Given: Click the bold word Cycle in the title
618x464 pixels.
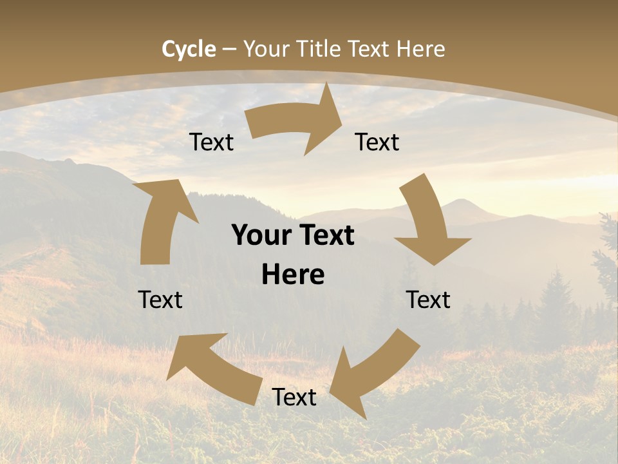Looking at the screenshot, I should (189, 49).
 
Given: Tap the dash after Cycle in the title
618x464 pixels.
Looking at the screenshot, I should (229, 49).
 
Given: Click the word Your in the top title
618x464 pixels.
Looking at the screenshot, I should (266, 49).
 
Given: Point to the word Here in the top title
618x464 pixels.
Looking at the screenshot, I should (420, 49).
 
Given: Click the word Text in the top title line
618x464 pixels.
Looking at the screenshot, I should (370, 49).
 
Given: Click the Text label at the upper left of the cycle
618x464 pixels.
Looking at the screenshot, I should (211, 142).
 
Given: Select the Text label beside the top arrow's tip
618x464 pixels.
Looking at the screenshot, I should (377, 142).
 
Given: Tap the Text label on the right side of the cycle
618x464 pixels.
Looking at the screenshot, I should (428, 300).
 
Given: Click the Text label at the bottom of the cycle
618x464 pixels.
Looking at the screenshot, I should (294, 397).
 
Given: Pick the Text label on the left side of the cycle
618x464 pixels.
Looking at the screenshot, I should (160, 300).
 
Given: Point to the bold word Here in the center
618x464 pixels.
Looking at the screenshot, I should (293, 275).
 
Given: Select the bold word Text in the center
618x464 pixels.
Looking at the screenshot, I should (324, 235).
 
